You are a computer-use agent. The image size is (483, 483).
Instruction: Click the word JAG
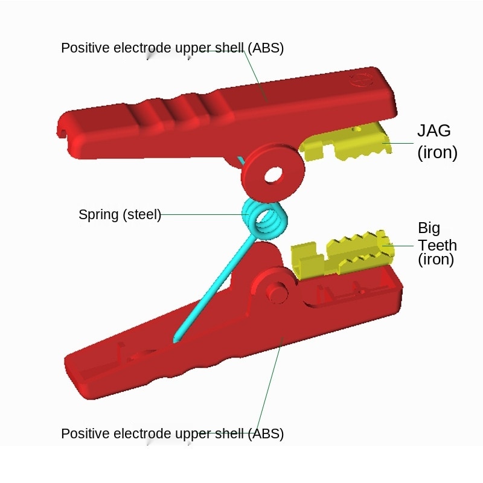(x=434, y=130)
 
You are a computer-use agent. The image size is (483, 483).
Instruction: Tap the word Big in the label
(x=429, y=228)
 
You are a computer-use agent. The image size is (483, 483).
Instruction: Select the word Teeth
(x=437, y=245)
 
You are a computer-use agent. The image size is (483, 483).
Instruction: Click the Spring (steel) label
(x=120, y=214)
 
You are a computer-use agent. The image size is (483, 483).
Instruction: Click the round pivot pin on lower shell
(x=278, y=291)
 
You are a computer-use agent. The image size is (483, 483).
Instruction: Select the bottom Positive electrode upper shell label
(x=172, y=433)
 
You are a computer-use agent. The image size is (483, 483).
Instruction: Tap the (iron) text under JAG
(x=437, y=152)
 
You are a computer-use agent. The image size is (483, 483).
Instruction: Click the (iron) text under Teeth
(x=435, y=260)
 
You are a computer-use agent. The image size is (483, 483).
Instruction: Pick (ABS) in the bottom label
(x=265, y=433)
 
